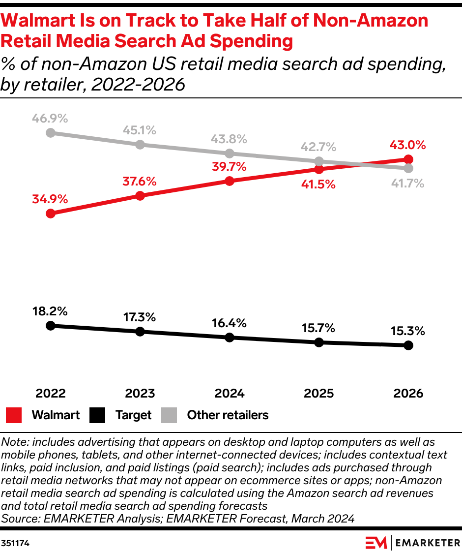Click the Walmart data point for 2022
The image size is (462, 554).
tap(50, 214)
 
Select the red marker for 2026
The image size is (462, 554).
tap(408, 159)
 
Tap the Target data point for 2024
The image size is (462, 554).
tap(229, 338)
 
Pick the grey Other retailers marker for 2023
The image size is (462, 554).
tap(140, 145)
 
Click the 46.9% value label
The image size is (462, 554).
tap(50, 119)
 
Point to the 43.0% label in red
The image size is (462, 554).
tap(407, 145)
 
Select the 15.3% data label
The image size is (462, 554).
tap(407, 331)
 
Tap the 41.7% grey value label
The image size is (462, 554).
tap(407, 184)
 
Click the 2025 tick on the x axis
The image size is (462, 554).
tap(318, 393)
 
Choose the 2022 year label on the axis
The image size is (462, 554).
tap(50, 393)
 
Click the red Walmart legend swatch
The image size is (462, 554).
tap(14, 415)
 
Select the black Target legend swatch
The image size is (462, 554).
tap(97, 415)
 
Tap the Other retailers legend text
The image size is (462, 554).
tap(228, 415)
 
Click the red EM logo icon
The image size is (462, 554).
tap(376, 543)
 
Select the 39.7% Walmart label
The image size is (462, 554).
tap(229, 167)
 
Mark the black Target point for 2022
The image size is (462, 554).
tap(50, 326)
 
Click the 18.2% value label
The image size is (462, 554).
tap(50, 311)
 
